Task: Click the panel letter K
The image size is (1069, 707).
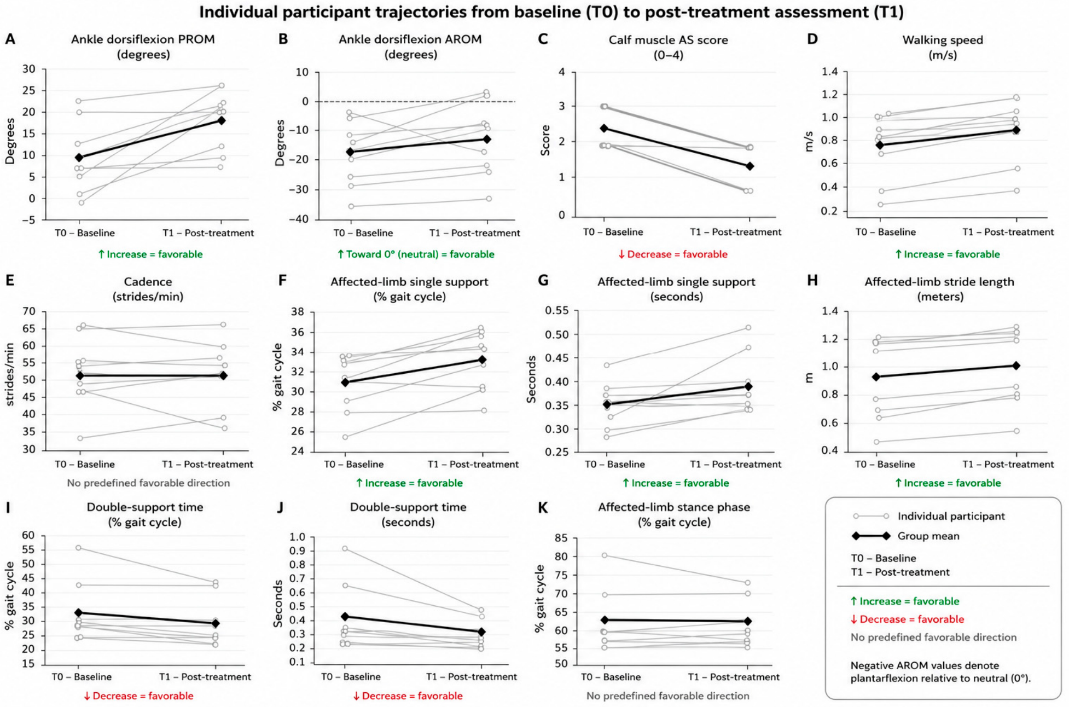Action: (543, 507)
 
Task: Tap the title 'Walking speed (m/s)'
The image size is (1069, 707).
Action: (943, 47)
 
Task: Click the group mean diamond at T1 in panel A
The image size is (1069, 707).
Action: (222, 120)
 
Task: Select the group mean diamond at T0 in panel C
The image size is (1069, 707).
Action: (604, 128)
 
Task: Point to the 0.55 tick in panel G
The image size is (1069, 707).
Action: (557, 311)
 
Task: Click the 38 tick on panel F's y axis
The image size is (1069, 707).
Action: (298, 312)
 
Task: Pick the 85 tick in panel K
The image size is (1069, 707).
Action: (561, 538)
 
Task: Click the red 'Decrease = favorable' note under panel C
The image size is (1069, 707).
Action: (672, 254)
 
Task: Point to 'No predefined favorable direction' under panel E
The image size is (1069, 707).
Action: (148, 483)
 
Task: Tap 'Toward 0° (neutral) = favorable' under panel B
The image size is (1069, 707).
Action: (415, 254)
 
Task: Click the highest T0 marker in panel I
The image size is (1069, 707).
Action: (79, 548)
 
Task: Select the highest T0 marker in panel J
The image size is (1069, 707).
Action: (345, 548)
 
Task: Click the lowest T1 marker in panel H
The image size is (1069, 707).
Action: (1016, 431)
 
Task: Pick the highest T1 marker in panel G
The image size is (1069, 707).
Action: (748, 328)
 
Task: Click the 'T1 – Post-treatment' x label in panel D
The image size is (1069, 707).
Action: (1008, 232)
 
